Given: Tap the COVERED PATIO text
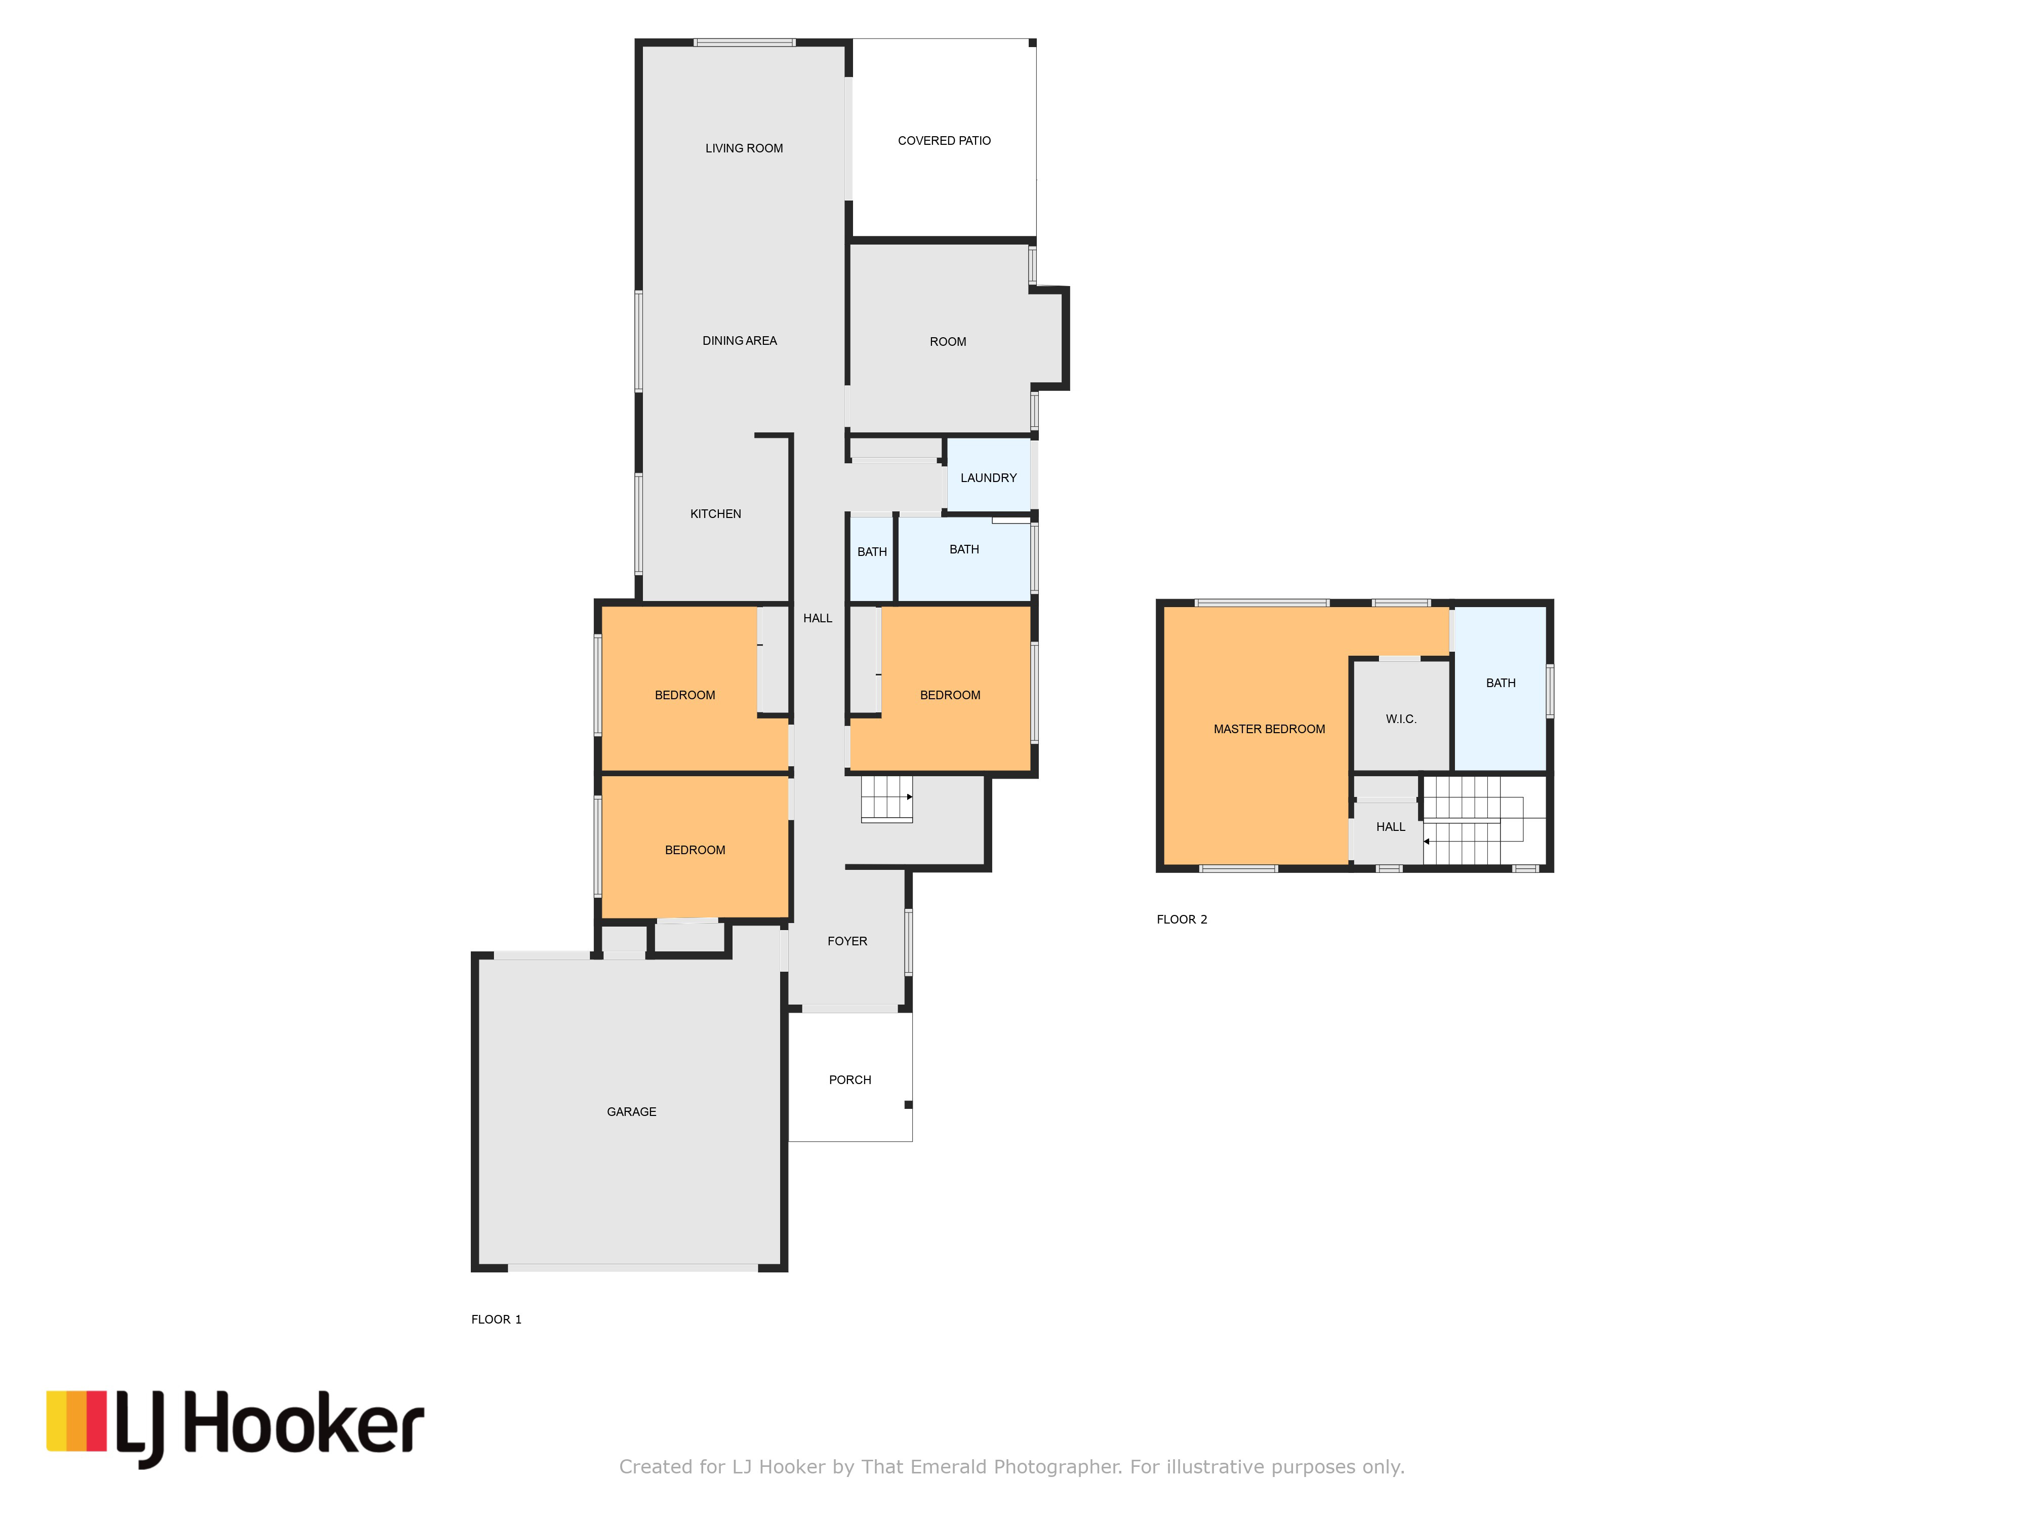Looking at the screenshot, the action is coord(944,141).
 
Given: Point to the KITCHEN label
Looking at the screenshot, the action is coord(715,513).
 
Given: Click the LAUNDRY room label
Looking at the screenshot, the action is coord(988,478).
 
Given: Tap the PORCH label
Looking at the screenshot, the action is coord(849,1080).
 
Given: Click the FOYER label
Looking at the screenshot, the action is coord(847,940).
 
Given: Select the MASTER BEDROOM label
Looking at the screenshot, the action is coord(1269,729).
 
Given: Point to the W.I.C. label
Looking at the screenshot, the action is coord(1401,719).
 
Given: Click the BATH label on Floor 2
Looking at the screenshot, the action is coord(1501,683).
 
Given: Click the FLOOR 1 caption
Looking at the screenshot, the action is coord(496,1320).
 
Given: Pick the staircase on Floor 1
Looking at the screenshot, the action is coord(886,798).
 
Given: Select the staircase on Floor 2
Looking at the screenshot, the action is coord(1483,819).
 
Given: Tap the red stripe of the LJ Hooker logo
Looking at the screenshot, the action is coord(96,1421).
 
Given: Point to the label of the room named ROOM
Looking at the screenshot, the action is coord(948,342).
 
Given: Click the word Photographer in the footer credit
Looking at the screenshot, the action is coord(1058,1467).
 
